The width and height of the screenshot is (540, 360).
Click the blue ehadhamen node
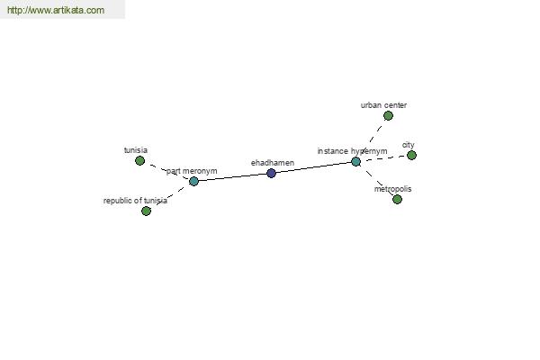click(x=272, y=174)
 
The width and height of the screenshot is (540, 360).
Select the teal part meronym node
click(x=193, y=181)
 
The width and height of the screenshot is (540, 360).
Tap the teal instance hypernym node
click(x=356, y=162)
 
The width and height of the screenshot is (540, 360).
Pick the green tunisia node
click(x=139, y=160)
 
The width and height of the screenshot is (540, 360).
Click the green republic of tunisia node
click(x=146, y=211)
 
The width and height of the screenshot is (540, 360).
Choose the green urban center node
click(x=388, y=116)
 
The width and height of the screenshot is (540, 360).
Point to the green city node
click(x=411, y=156)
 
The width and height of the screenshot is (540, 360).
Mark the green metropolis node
click(x=397, y=199)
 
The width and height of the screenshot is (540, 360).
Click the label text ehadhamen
click(x=273, y=163)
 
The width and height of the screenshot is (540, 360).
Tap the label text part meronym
click(x=192, y=171)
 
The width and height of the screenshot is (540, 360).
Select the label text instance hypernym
click(x=352, y=151)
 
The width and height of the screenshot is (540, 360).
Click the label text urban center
click(x=383, y=105)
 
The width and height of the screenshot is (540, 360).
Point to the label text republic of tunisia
click(x=135, y=201)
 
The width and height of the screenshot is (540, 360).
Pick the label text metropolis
click(x=392, y=189)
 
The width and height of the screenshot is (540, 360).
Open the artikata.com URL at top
click(x=56, y=10)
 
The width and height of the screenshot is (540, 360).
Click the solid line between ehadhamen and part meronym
click(x=232, y=177)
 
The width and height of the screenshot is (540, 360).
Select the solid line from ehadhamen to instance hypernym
click(x=314, y=167)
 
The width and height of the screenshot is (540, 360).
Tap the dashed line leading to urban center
click(x=372, y=139)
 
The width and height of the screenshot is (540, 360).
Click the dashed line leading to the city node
click(x=383, y=158)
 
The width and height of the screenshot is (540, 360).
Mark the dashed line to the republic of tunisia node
click(x=170, y=196)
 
